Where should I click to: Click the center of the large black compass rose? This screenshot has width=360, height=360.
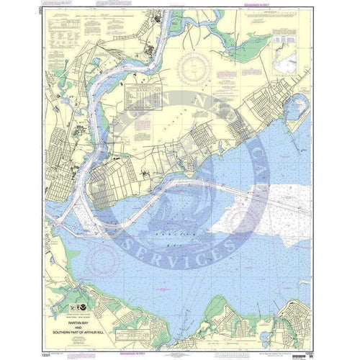(x=195, y=68)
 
